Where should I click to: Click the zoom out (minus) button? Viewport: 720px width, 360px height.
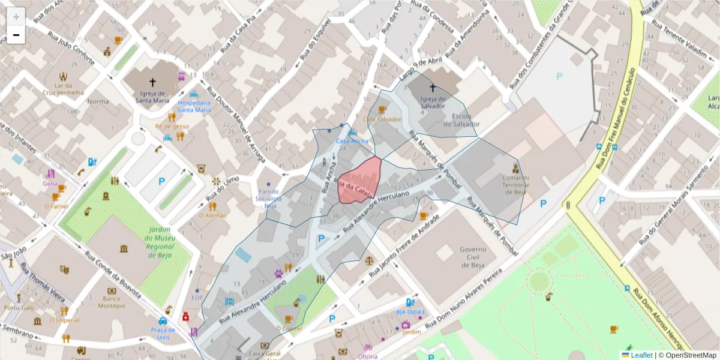[16, 35]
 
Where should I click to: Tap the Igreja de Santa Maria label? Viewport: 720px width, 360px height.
[152, 97]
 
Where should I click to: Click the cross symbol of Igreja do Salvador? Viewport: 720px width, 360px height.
[433, 88]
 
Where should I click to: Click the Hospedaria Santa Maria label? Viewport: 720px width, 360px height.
[194, 106]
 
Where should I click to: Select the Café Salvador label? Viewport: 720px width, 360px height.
[382, 119]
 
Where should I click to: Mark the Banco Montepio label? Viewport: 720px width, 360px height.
[112, 302]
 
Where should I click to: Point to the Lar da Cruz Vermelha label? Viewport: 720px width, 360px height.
[63, 89]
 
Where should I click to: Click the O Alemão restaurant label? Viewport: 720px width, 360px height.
[212, 215]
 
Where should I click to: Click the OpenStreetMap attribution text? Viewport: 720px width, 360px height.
[691, 355]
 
